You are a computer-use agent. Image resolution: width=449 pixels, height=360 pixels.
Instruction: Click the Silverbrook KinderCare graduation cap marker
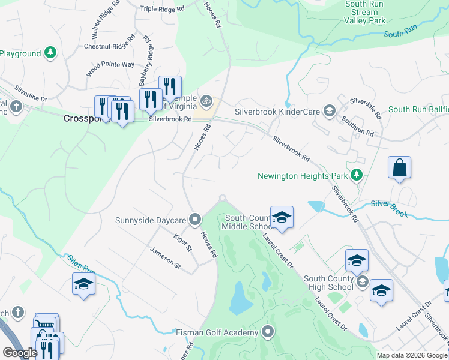pyautogui.click(x=328, y=111)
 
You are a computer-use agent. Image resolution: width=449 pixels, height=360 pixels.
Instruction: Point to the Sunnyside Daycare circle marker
pyautogui.click(x=194, y=220)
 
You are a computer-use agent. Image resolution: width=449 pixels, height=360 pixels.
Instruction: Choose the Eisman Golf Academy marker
pyautogui.click(x=268, y=332)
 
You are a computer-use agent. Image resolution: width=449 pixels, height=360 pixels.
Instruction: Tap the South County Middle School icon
pyautogui.click(x=281, y=218)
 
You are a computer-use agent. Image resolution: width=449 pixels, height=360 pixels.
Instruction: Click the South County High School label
pyautogui.click(x=328, y=283)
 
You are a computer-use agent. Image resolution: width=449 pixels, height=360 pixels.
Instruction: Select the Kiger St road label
pyautogui.click(x=182, y=243)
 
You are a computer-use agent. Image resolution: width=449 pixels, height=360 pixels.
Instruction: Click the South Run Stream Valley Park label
pyautogui.click(x=365, y=12)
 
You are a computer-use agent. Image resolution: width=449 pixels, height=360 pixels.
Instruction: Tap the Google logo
pyautogui.click(x=20, y=353)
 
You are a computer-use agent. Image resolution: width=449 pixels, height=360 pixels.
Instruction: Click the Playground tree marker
pyautogui.click(x=50, y=53)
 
